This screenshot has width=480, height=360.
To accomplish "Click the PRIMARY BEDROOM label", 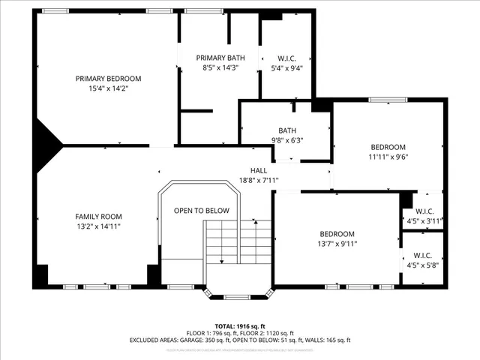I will pyautogui.click(x=108, y=78).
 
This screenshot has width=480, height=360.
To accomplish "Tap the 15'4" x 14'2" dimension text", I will pyautogui.click(x=108, y=88).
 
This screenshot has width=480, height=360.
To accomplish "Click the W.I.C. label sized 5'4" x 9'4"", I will pyautogui.click(x=286, y=58).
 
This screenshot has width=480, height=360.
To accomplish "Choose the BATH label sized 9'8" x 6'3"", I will pyautogui.click(x=287, y=130).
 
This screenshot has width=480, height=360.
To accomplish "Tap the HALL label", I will pyautogui.click(x=259, y=170).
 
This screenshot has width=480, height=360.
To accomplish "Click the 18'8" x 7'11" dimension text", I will pyautogui.click(x=259, y=180).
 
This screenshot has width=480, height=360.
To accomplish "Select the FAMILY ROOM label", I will pyautogui.click(x=98, y=216).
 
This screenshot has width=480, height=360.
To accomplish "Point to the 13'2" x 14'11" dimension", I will pyautogui.click(x=98, y=226).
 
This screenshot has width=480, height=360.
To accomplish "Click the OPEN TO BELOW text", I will pyautogui.click(x=202, y=211).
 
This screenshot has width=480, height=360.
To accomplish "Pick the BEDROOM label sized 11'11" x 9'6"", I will pyautogui.click(x=388, y=147).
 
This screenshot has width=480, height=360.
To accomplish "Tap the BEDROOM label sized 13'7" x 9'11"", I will pyautogui.click(x=337, y=233).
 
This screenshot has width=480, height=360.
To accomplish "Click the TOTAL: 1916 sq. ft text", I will pyautogui.click(x=240, y=326).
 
